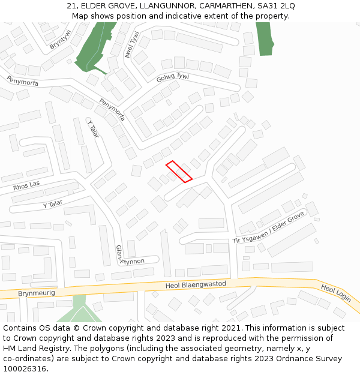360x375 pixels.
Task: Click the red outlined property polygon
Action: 179,171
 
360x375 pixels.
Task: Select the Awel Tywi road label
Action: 131,45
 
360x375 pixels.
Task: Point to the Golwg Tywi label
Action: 172,78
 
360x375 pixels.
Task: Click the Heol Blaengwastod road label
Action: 195,284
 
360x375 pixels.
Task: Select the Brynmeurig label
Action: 36,293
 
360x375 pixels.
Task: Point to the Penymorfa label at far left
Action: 22,81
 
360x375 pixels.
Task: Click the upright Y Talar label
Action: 93,129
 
